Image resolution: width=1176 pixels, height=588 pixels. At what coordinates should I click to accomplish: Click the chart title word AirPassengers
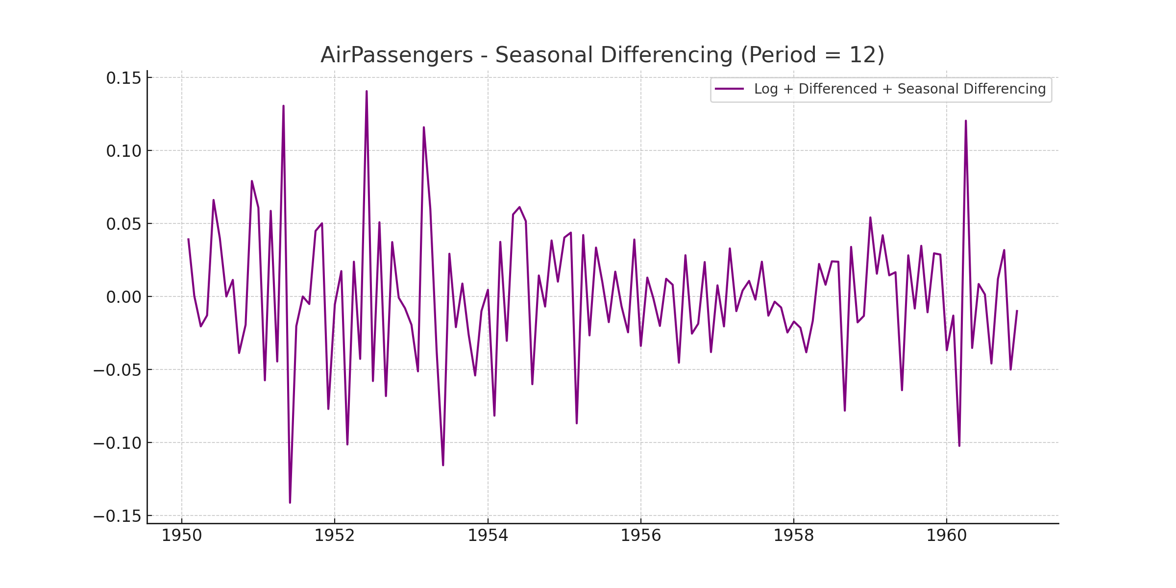pyautogui.click(x=396, y=55)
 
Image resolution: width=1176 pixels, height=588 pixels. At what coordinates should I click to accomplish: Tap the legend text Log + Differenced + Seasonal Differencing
pyautogui.click(x=900, y=89)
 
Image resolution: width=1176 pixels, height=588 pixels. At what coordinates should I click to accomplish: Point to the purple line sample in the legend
pyautogui.click(x=729, y=89)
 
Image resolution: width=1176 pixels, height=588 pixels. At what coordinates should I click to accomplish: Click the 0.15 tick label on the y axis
pyautogui.click(x=123, y=78)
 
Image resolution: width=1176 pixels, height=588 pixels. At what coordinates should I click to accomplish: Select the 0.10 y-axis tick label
pyautogui.click(x=123, y=151)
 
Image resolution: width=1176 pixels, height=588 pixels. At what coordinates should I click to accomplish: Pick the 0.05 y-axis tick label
pyautogui.click(x=123, y=224)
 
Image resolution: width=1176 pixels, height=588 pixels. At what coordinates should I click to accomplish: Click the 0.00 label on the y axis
pyautogui.click(x=123, y=297)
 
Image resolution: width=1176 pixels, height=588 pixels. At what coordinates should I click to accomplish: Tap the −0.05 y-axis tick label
pyautogui.click(x=117, y=370)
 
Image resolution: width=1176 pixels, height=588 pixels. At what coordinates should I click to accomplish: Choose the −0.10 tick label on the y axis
pyautogui.click(x=117, y=443)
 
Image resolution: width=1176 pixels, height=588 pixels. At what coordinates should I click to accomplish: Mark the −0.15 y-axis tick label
pyautogui.click(x=117, y=516)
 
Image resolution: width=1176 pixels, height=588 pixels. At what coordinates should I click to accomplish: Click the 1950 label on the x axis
pyautogui.click(x=182, y=536)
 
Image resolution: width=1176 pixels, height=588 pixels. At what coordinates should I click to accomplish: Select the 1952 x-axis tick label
pyautogui.click(x=335, y=536)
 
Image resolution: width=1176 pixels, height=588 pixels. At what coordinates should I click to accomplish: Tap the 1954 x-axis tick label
pyautogui.click(x=488, y=536)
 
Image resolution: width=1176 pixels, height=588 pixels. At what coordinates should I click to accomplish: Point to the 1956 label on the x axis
pyautogui.click(x=641, y=536)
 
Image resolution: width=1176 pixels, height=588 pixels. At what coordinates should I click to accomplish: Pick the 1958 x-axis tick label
pyautogui.click(x=794, y=536)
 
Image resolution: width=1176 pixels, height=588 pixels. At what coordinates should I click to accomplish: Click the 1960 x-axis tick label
pyautogui.click(x=947, y=536)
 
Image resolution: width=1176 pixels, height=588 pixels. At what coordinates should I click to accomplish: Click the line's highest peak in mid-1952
pyautogui.click(x=367, y=92)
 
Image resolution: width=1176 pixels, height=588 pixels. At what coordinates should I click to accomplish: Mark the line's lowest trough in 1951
pyautogui.click(x=290, y=502)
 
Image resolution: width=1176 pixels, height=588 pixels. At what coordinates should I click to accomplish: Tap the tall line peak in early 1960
pyautogui.click(x=966, y=121)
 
